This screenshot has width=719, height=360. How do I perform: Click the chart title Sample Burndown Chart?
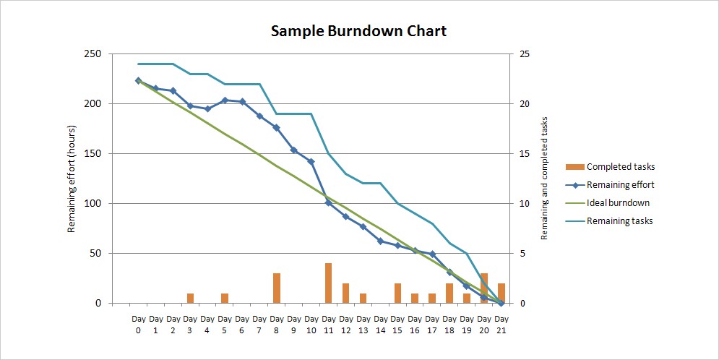pos(358,31)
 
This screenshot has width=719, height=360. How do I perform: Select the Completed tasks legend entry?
pos(621,167)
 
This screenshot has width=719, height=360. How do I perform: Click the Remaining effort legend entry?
pos(621,185)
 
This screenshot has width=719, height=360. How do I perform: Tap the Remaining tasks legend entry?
pos(619,221)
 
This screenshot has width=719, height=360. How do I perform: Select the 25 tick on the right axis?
pos(525,54)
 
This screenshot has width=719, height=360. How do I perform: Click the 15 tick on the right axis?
pos(525,154)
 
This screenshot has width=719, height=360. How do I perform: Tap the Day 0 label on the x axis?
pos(138,323)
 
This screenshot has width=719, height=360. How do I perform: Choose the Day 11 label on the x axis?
pos(328,323)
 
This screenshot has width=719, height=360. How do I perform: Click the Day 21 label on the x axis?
pos(501,323)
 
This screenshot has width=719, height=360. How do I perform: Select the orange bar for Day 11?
pos(328,283)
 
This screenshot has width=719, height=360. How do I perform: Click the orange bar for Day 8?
pos(277,288)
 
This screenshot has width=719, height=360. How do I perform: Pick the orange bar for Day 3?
pos(190,299)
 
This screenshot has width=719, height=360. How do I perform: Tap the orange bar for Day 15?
pos(397,293)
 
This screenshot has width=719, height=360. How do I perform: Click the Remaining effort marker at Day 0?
pos(138,81)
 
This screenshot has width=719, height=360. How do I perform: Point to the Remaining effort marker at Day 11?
pos(328,203)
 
